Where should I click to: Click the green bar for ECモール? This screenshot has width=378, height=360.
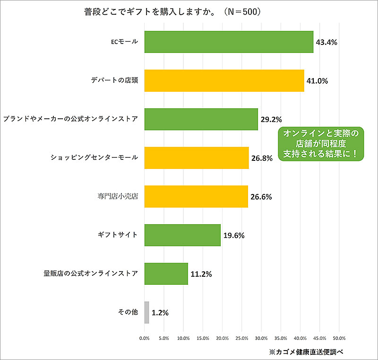(x=229, y=42)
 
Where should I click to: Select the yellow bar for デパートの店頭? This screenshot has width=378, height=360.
(x=224, y=80)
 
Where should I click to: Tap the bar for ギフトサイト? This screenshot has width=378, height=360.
(x=182, y=235)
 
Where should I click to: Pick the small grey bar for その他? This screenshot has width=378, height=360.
(x=146, y=312)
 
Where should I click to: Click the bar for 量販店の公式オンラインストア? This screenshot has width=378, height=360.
(x=166, y=274)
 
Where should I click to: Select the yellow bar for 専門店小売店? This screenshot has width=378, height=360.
(x=196, y=196)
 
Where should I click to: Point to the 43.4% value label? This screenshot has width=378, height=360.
(x=326, y=42)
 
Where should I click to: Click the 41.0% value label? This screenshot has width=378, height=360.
(x=317, y=81)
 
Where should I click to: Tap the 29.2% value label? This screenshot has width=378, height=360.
(x=271, y=120)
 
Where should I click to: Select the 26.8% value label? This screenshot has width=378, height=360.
(x=262, y=158)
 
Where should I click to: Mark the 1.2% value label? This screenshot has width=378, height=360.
(x=161, y=313)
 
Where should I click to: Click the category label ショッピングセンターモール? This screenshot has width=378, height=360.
(x=94, y=158)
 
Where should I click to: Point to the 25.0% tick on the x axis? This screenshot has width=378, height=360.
(x=241, y=338)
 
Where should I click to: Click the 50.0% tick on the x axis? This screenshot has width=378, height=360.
(x=339, y=338)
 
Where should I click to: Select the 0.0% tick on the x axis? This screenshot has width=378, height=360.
(x=144, y=338)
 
